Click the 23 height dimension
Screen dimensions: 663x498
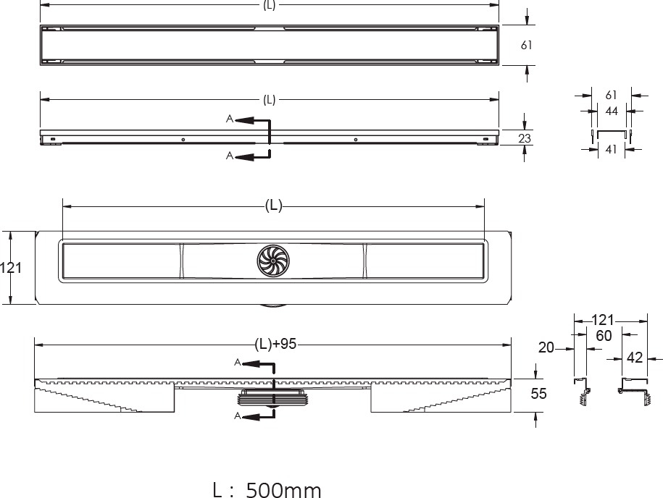525,138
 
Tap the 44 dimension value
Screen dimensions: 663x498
612,111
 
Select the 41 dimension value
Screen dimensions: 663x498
611,149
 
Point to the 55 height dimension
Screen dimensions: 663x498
538,394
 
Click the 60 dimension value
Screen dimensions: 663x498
604,336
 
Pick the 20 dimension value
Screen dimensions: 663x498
546,347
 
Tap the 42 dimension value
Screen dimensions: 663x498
634,358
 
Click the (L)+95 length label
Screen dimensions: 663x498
275,345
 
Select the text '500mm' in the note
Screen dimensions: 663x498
284,490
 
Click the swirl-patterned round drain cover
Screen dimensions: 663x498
273,261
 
